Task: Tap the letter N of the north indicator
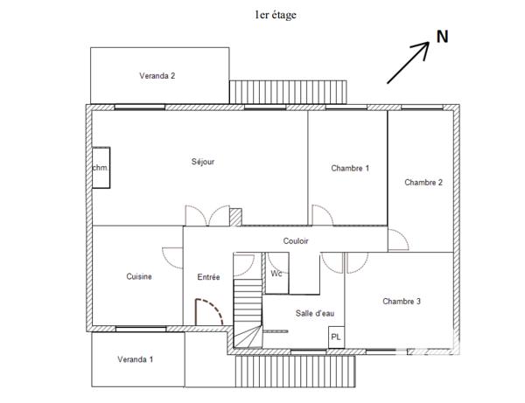443,37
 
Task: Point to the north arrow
408,64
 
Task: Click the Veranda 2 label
157,76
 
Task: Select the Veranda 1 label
136,359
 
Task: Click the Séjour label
203,162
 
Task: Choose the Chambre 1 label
350,168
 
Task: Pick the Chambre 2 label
423,183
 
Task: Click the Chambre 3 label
402,302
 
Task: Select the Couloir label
296,241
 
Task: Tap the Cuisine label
139,277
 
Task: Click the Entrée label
208,277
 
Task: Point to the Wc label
276,274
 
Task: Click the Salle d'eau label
315,313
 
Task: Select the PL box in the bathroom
335,337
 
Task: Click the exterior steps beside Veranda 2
288,91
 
